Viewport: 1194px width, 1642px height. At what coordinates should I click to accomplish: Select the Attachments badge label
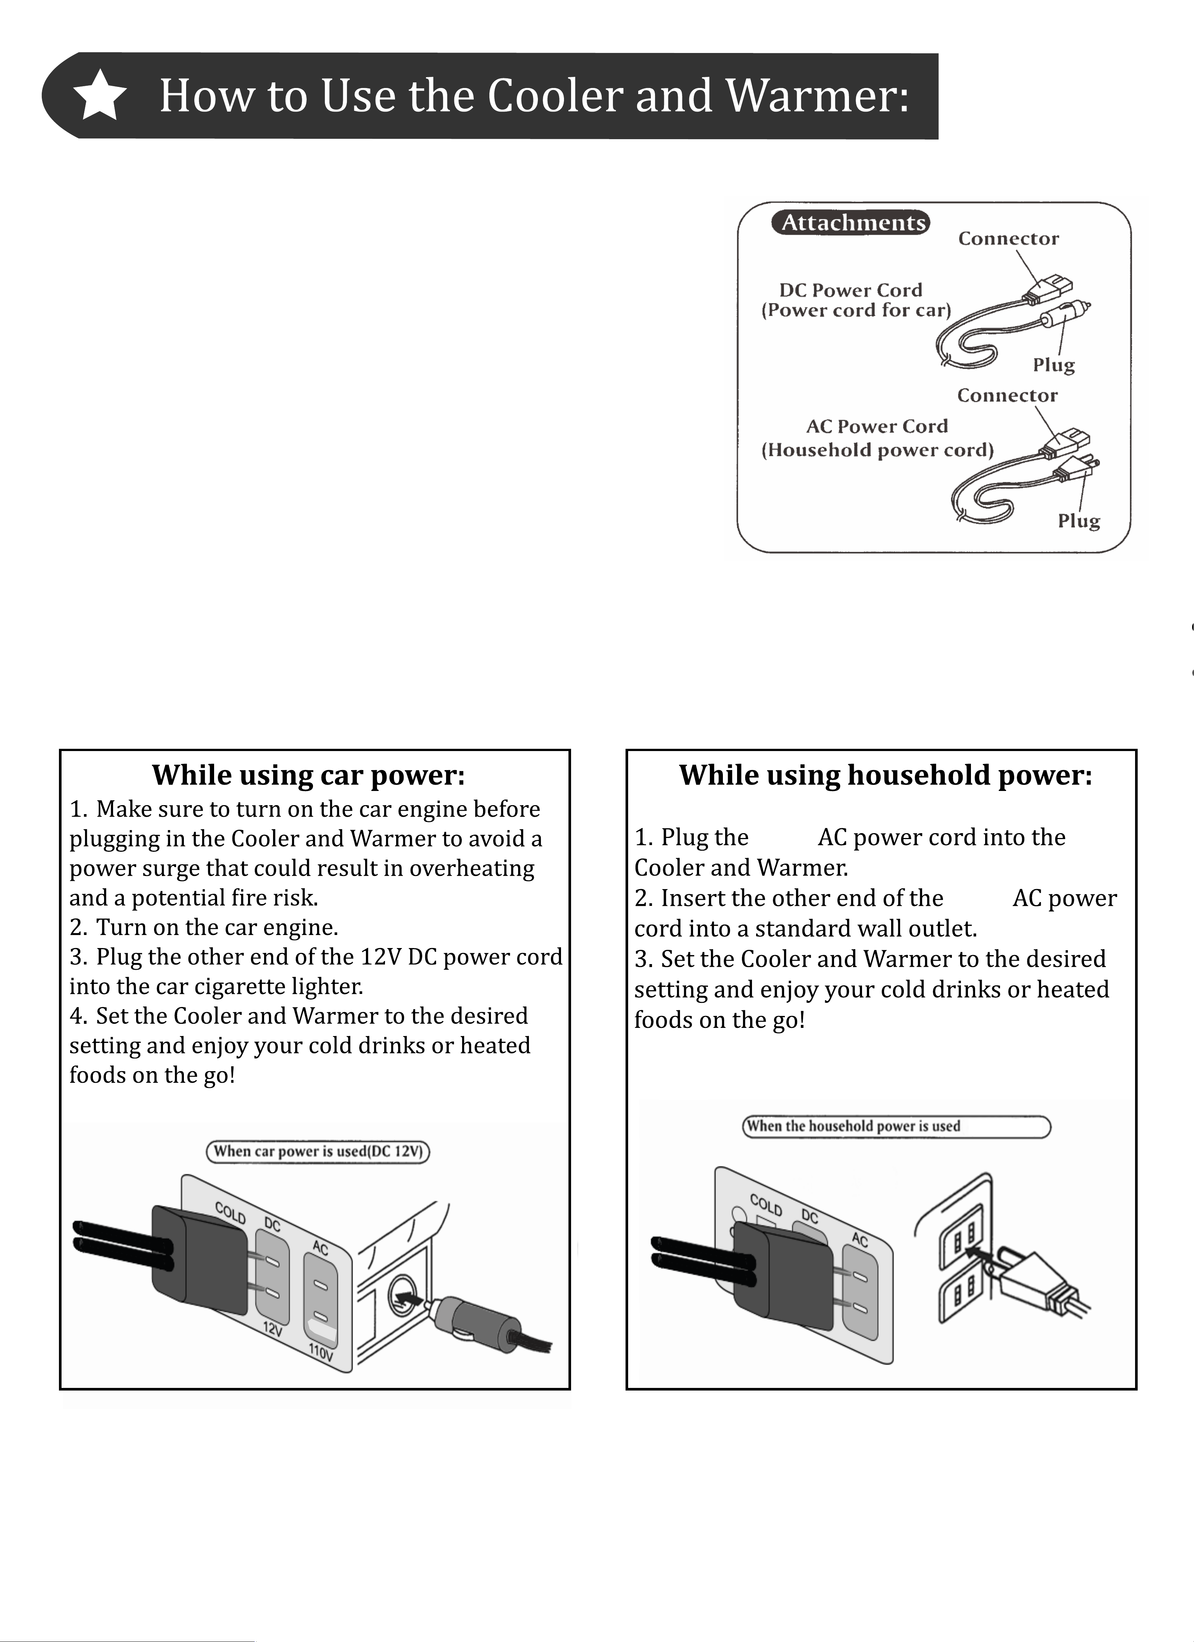[851, 222]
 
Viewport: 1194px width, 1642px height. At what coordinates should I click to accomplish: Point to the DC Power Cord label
[851, 290]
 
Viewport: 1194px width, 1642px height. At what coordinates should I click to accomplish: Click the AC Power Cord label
[877, 426]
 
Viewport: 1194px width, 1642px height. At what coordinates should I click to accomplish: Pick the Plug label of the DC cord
[1054, 366]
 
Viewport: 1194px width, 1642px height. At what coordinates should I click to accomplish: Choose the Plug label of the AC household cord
[1079, 521]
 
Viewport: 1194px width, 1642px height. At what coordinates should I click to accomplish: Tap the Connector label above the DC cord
[1009, 239]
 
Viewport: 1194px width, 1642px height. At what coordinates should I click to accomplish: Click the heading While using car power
[308, 775]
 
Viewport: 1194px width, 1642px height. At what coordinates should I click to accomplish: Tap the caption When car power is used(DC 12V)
[319, 1151]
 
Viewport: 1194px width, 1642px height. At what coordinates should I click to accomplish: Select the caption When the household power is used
[854, 1126]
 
